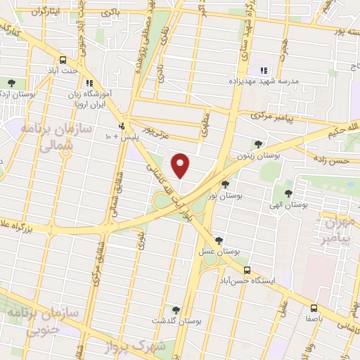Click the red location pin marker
tap(181, 165)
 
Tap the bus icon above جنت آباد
tap(63, 60)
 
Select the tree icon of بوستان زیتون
tap(259, 144)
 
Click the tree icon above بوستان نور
tap(224, 185)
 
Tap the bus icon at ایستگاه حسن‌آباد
tap(247, 270)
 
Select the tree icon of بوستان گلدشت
tap(175, 309)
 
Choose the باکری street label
tap(110, 13)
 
